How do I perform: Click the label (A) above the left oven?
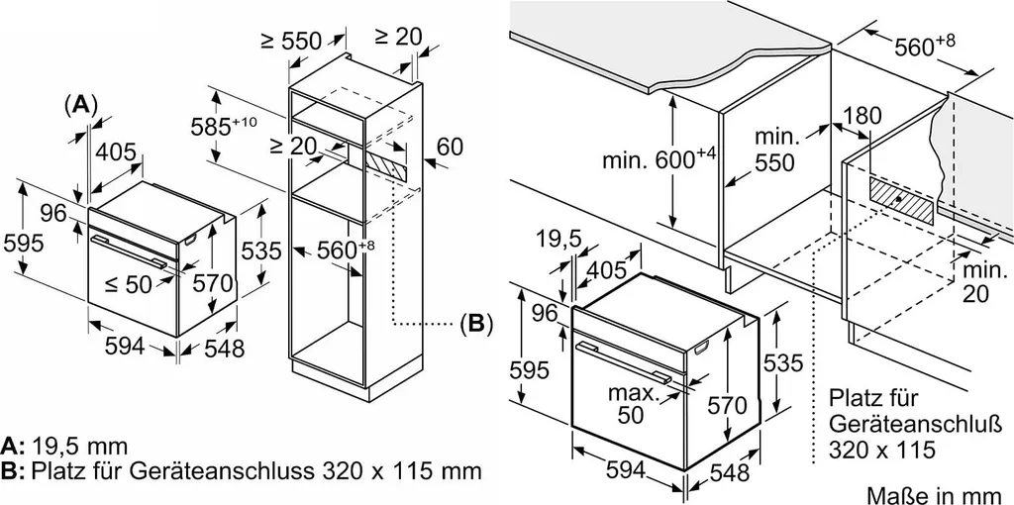pos(80,105)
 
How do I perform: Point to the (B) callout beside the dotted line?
pos(475,323)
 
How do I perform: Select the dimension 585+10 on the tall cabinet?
pos(224,127)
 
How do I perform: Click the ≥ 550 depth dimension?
pos(291,42)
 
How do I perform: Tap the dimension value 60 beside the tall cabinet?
pos(451,147)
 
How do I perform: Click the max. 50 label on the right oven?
pos(632,404)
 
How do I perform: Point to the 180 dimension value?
pos(862,116)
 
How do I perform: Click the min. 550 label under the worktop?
pos(776,150)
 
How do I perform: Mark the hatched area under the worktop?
pos(902,201)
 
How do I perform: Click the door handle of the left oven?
pos(128,251)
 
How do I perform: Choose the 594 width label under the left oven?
pos(125,347)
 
